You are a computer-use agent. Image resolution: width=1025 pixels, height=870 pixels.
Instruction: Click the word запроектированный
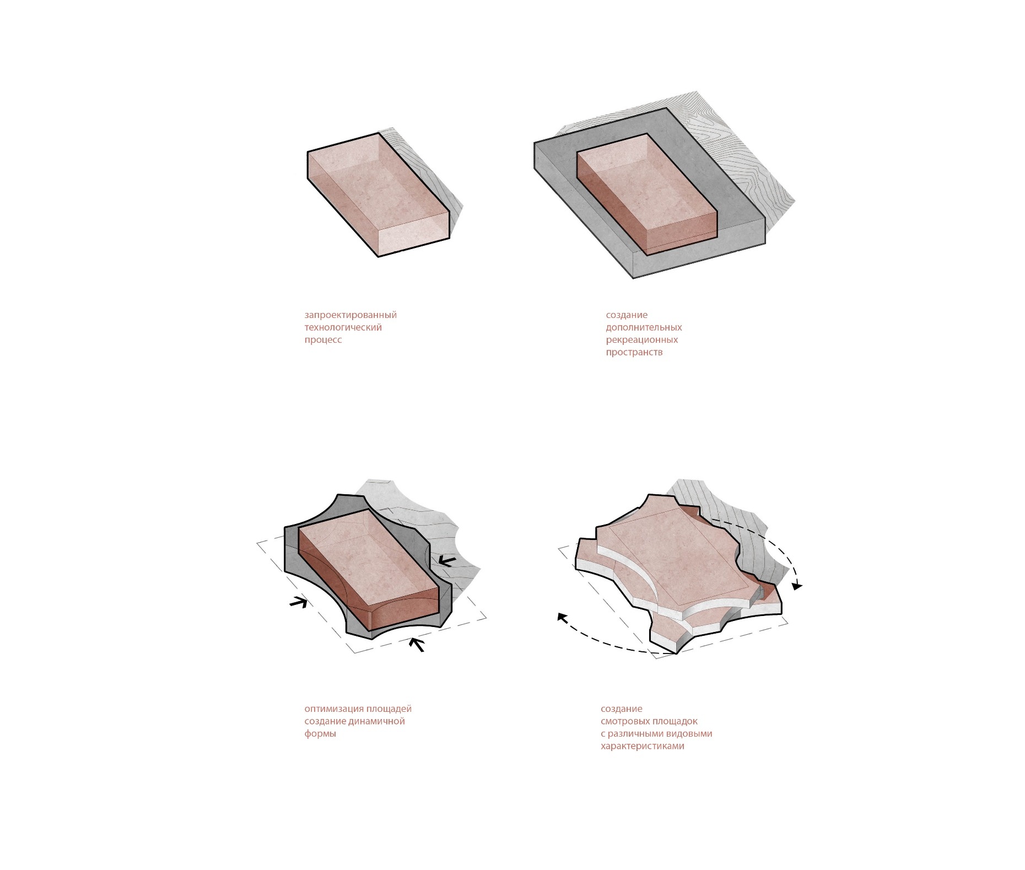tap(350, 315)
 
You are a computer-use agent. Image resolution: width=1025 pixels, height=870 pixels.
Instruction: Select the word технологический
tap(343, 327)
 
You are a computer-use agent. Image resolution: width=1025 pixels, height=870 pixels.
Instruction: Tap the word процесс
tap(323, 340)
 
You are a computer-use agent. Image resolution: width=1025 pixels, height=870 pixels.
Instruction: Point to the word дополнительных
tap(644, 327)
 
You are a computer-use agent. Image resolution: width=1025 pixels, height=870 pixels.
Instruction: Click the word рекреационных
tap(642, 340)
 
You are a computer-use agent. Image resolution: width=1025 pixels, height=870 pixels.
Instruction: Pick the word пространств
tap(634, 352)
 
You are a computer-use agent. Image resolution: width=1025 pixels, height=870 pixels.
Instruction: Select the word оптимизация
tap(334, 709)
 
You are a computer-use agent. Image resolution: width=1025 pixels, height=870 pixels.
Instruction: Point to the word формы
tap(320, 734)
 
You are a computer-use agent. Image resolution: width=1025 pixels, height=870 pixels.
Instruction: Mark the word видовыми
tap(689, 734)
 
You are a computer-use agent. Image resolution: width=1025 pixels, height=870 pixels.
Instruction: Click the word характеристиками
tap(643, 747)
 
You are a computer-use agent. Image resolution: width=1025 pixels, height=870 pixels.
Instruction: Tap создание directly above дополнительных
tap(627, 315)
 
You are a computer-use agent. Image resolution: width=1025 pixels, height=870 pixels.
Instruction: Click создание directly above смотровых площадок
tap(622, 709)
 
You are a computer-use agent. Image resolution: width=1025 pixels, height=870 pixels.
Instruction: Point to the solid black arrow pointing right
tap(298, 602)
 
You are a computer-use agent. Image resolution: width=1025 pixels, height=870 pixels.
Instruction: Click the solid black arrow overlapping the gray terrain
tap(447, 561)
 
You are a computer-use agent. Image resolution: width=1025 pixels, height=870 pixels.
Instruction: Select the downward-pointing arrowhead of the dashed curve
tap(797, 585)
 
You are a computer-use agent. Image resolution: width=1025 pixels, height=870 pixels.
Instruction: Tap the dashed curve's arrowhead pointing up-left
tap(562, 618)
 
